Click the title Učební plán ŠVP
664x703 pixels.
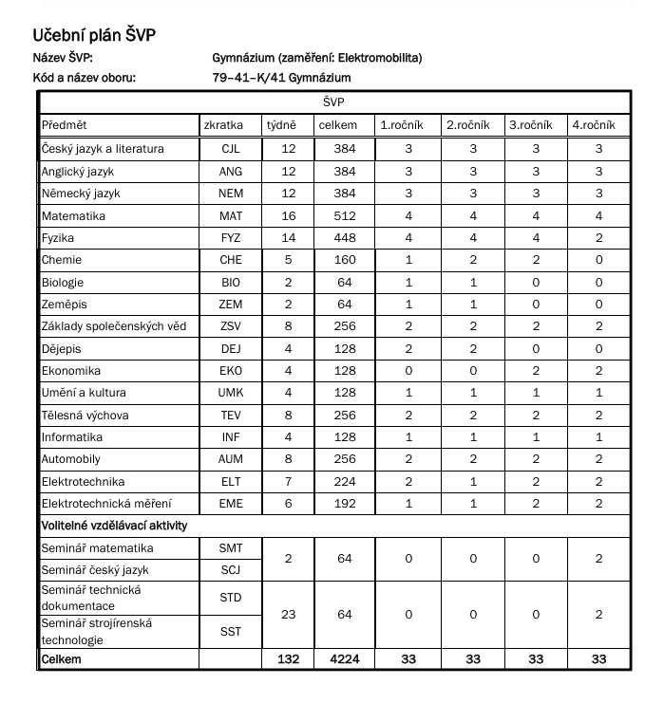(x=93, y=36)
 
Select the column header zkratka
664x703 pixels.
(x=223, y=125)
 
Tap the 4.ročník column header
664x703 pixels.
(x=594, y=125)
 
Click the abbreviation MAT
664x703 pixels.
(x=231, y=216)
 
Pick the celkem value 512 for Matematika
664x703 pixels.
(x=345, y=216)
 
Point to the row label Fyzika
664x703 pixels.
(x=58, y=238)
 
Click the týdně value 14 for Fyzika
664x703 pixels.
(x=289, y=238)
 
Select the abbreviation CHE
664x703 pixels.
(x=231, y=260)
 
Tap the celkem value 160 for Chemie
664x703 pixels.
(x=345, y=260)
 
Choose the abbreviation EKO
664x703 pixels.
(x=231, y=371)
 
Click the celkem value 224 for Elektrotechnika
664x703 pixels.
(x=345, y=482)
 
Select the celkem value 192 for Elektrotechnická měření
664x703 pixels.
(x=345, y=504)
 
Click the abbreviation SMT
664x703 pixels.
(x=231, y=548)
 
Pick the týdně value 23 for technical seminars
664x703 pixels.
(x=289, y=615)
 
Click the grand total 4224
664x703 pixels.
(x=345, y=659)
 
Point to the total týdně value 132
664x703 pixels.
(x=289, y=659)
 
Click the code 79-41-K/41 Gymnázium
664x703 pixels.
(x=282, y=78)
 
